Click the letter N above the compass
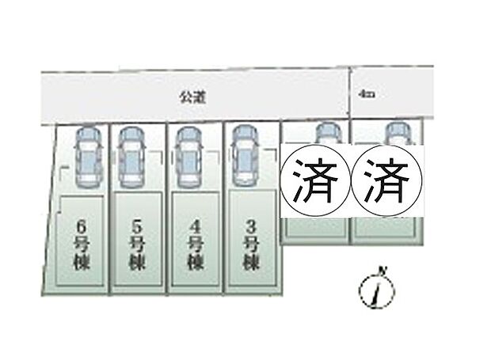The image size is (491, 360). pos(383,272)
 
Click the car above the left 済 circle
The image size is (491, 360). pos(325,135)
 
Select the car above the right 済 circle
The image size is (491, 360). pos(395,135)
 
